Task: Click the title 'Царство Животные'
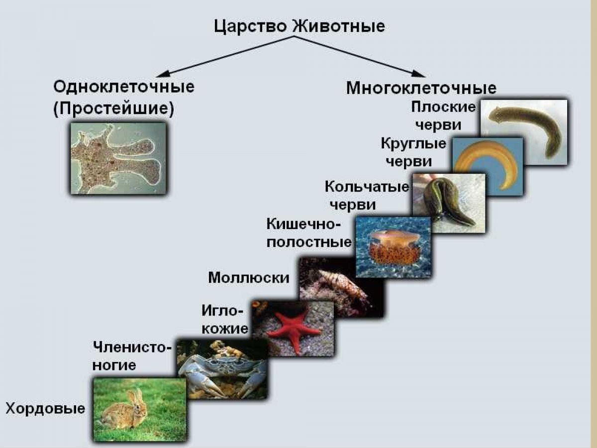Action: click(x=299, y=26)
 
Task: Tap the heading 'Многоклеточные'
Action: click(x=421, y=88)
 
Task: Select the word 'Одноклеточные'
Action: click(x=124, y=87)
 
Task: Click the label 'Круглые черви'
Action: click(x=413, y=153)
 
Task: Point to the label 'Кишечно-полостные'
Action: click(x=309, y=233)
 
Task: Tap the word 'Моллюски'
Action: click(x=248, y=277)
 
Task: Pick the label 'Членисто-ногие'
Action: click(x=132, y=355)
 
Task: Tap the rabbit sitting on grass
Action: click(x=127, y=411)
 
